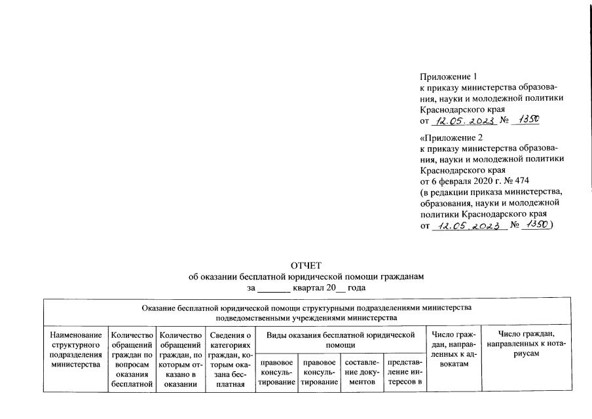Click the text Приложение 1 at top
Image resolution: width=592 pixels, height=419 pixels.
(x=446, y=78)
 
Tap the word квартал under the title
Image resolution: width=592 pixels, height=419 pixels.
(x=312, y=288)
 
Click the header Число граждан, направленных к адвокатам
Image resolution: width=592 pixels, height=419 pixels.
(x=453, y=350)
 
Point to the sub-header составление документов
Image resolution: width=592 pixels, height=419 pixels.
(x=362, y=372)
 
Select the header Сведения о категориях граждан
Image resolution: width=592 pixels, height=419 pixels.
(x=226, y=361)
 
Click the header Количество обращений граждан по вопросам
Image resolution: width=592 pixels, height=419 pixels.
(x=132, y=361)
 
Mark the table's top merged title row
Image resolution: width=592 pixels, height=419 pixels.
(x=306, y=312)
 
